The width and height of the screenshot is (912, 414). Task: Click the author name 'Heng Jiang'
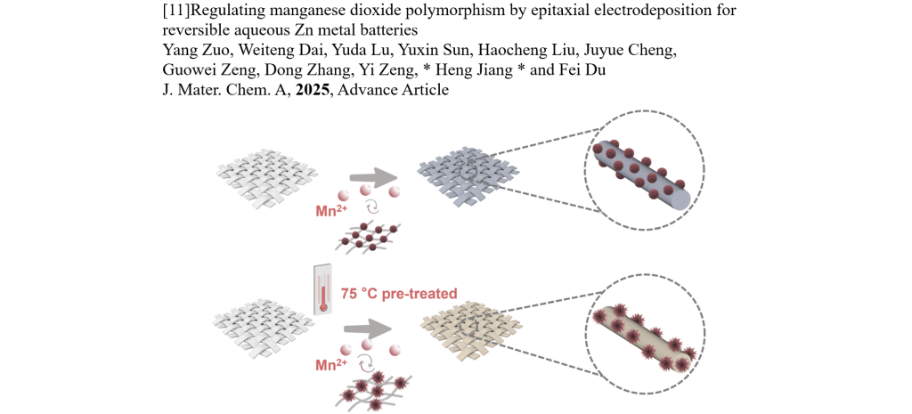pos(484,69)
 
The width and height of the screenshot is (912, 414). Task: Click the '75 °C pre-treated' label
pos(398,293)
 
